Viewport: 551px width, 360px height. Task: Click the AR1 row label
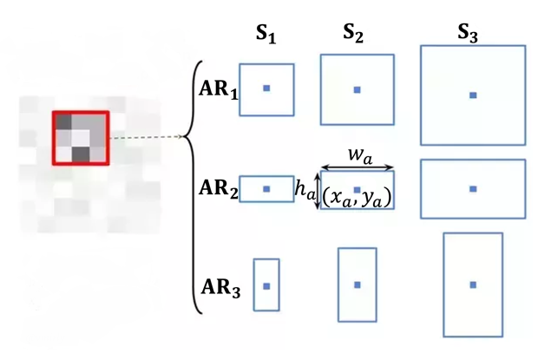(218, 89)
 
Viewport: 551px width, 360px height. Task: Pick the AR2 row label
(217, 189)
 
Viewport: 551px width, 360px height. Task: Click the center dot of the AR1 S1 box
(266, 88)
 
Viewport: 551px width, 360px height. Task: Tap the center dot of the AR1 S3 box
(472, 94)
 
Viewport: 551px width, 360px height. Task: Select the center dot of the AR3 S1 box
(266, 285)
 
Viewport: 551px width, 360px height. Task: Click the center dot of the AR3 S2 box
(357, 284)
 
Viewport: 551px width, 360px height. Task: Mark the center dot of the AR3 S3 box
(472, 284)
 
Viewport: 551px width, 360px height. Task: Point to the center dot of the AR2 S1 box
(266, 188)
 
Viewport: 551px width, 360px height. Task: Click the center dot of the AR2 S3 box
(472, 188)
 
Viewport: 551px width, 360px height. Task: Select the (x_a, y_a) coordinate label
(357, 198)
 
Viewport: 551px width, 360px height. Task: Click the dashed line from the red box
(143, 137)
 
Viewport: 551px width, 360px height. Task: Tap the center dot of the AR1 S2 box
(357, 89)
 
